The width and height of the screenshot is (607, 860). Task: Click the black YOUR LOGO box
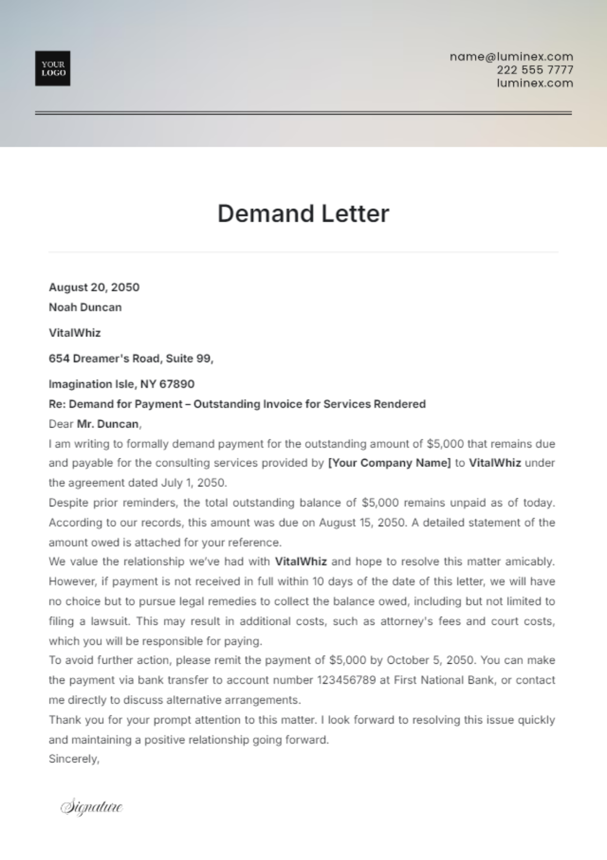[x=53, y=68]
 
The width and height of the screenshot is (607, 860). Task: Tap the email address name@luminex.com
[x=511, y=57]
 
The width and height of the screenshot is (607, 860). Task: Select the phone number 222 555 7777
[x=535, y=70]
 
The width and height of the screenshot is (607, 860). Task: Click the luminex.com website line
[x=535, y=83]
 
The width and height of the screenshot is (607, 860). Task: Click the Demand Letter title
[x=303, y=213]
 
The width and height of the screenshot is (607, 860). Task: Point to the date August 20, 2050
[x=94, y=287]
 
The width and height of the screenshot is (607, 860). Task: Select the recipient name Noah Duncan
[x=85, y=307]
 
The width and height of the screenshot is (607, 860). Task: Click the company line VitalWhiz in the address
[x=74, y=333]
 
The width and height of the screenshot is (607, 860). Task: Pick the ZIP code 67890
[x=177, y=384]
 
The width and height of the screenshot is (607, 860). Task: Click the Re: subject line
[x=237, y=404]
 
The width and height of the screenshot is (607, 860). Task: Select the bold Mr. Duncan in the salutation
[x=108, y=424]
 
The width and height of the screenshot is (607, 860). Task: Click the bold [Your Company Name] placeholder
[x=389, y=463]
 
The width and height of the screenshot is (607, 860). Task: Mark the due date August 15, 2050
[x=362, y=523]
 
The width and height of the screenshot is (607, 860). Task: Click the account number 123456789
[x=346, y=680]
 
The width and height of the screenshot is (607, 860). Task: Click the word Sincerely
[x=74, y=759]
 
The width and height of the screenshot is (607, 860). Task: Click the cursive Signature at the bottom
[x=92, y=806]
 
